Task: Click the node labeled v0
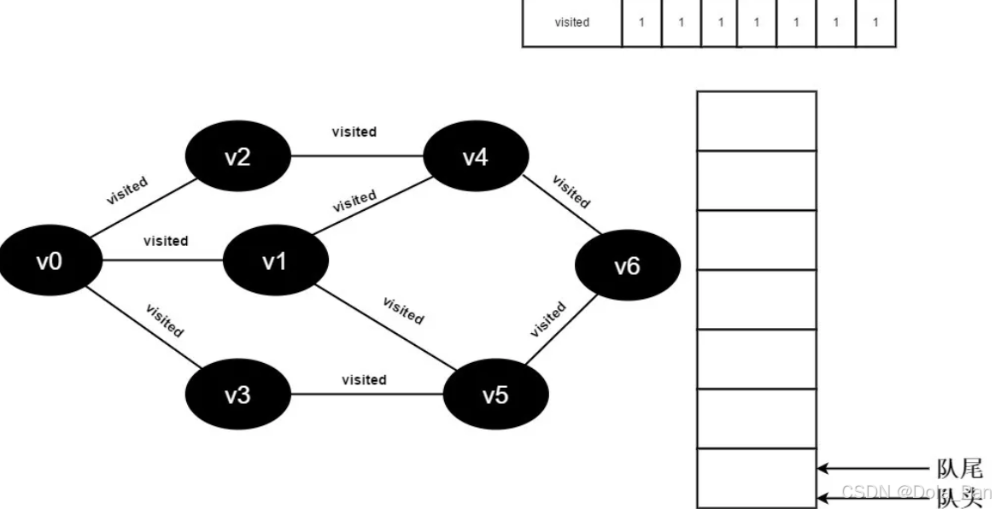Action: [49, 260]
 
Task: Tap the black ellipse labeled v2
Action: [237, 157]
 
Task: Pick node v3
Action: [237, 395]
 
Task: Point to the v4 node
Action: [475, 157]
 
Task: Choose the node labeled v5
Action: [495, 395]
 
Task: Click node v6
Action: [627, 266]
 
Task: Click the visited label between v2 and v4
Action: [354, 132]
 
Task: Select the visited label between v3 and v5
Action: [364, 379]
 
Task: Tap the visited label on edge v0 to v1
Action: [166, 241]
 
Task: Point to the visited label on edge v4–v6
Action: [571, 191]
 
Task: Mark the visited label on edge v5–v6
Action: [548, 319]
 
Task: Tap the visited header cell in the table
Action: [571, 23]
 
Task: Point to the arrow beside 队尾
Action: [871, 468]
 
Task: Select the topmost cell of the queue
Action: [756, 120]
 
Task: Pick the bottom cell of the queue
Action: [756, 478]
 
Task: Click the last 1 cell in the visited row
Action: [875, 23]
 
